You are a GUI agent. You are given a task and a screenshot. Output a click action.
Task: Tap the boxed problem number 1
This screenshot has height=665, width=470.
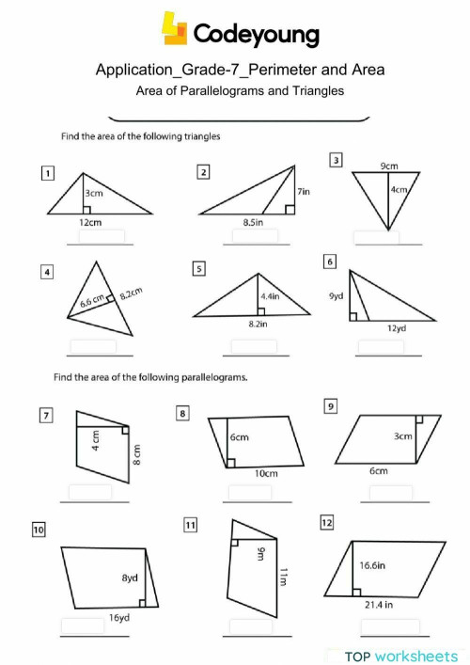[47, 172]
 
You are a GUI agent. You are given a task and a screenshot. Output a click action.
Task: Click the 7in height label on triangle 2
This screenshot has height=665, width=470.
[303, 191]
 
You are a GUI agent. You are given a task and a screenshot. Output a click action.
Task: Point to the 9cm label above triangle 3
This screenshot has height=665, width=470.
[388, 166]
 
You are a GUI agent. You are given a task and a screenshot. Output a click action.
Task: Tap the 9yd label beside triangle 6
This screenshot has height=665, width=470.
[336, 295]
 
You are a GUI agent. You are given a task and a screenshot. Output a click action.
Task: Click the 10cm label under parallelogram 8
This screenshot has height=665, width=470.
[266, 473]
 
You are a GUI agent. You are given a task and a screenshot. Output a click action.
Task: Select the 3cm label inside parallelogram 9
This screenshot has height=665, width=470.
[402, 436]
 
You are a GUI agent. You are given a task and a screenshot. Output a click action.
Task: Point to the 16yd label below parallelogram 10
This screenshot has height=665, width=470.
[118, 618]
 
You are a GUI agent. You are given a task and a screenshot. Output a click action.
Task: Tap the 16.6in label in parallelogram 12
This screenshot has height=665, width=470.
[376, 565]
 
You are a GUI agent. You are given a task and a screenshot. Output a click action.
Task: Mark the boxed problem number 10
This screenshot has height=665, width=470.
[39, 530]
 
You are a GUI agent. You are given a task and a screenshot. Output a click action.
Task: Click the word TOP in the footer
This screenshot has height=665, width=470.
[358, 656]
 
